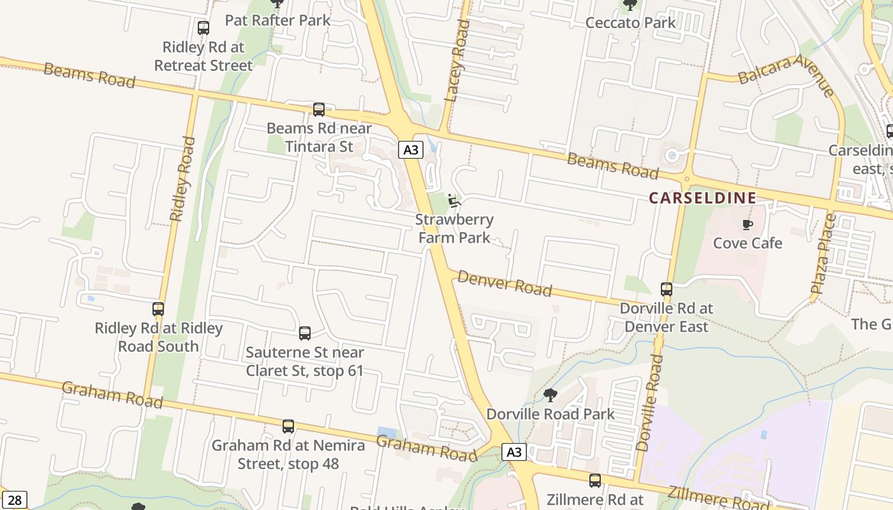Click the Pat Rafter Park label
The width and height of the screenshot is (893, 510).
277,20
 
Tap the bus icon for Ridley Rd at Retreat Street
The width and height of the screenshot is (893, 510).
203,28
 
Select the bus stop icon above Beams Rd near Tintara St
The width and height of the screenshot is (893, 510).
319,110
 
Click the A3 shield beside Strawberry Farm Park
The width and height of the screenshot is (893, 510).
411,150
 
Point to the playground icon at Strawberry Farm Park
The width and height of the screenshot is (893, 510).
454,201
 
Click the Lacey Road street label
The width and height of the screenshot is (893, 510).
457,61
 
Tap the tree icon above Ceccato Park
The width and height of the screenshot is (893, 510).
630,5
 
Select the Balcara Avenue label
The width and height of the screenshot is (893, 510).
786,75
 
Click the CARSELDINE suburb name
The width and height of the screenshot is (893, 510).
702,198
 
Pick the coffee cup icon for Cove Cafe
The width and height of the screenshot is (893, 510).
747,224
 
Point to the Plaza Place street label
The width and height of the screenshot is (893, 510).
823,254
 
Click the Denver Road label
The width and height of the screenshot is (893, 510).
505,284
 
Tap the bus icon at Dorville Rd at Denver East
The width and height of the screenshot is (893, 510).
667,289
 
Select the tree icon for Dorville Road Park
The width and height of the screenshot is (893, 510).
550,395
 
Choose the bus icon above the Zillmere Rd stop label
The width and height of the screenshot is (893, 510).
595,481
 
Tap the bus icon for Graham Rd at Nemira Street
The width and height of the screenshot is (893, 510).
288,426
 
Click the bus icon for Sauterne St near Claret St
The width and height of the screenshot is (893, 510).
305,333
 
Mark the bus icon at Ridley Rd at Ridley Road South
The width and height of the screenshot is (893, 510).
158,309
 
